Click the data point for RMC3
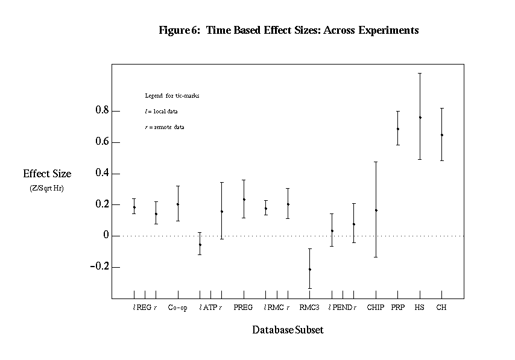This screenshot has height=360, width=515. (310, 269)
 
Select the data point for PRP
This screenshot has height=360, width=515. (398, 128)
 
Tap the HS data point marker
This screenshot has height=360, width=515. (420, 117)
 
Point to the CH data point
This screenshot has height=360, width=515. (442, 134)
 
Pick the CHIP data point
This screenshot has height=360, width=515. (376, 210)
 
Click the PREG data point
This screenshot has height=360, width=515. (244, 199)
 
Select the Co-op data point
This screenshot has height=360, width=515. (178, 204)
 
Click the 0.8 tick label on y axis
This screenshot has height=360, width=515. (101, 111)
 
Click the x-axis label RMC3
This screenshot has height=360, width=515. (309, 308)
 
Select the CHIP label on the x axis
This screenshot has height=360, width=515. (375, 308)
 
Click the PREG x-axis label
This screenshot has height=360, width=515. (244, 308)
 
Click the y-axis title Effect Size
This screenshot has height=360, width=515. (47, 174)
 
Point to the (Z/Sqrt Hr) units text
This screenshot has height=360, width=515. (47, 188)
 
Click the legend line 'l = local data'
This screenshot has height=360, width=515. (161, 112)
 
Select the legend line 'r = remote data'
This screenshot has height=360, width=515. (164, 127)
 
